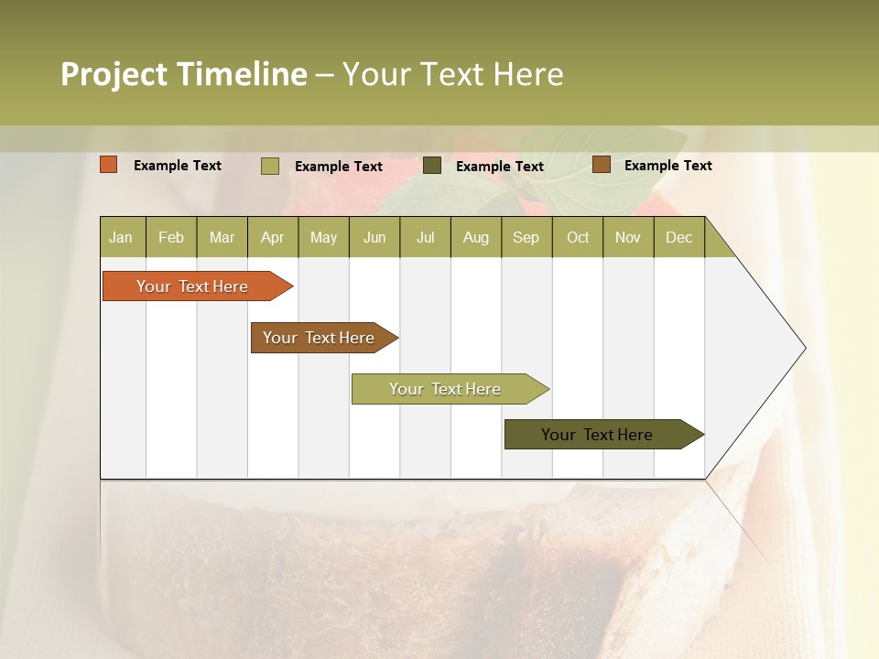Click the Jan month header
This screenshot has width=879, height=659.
[122, 238]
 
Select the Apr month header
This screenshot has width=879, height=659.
[273, 238]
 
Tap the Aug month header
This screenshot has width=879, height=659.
[476, 238]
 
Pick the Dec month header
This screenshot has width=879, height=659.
[679, 238]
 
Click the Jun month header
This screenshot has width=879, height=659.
[374, 238]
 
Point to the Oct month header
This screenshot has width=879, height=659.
[578, 238]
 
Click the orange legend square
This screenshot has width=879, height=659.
[109, 165]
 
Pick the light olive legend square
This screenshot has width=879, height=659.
[270, 166]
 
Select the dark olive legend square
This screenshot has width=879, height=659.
[432, 166]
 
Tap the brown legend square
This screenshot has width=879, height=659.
[601, 165]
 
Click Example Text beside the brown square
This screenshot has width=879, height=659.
[667, 166]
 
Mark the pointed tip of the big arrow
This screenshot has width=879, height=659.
[804, 348]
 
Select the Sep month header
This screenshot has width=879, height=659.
[526, 238]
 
